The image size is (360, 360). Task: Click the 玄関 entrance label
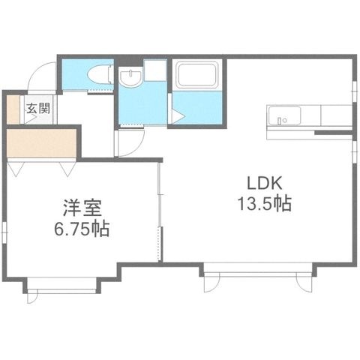tap(38, 109)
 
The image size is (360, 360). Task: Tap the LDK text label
tap(265, 183)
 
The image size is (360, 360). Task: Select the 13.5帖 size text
tap(265, 204)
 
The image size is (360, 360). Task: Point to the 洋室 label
tap(82, 208)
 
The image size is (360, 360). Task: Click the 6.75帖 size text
tap(82, 229)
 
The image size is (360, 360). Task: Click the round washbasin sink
tap(130, 77)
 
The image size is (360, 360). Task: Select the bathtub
tap(197, 75)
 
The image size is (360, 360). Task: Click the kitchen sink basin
tap(284, 115)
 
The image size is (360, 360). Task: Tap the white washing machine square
tap(155, 70)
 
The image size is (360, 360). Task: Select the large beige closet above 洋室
tap(41, 143)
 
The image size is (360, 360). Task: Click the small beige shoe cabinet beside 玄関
tap(13, 109)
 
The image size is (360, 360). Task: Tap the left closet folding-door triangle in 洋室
tap(16, 169)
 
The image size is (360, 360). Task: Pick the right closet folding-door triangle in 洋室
tap(67, 169)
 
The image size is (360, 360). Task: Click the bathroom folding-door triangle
tap(178, 117)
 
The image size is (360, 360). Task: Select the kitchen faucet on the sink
tap(280, 121)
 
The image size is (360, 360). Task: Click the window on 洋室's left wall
tap(4, 232)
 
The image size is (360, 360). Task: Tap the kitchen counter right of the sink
tap(336, 115)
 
